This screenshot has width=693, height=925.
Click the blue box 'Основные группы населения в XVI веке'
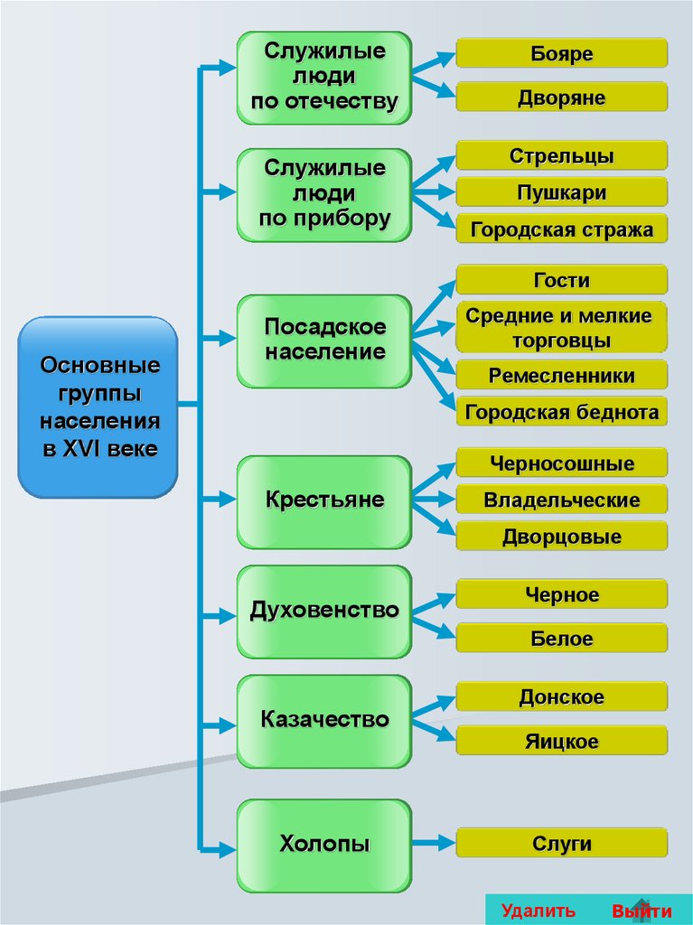(98, 406)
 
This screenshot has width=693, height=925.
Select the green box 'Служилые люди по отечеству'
(324, 78)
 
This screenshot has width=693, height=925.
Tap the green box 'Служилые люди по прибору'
(324, 194)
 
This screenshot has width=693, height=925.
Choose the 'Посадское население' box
(324, 340)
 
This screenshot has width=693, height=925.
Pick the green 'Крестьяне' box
(324, 500)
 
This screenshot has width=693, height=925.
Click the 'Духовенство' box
(324, 612)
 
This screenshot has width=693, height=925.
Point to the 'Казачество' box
(324, 721)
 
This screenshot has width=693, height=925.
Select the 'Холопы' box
(324, 845)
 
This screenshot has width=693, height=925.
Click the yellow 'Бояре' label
(561, 53)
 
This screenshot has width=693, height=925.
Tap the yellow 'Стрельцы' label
(561, 156)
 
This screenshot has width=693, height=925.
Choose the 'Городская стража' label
(561, 229)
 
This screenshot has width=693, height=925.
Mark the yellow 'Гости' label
(561, 280)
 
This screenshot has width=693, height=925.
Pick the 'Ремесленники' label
(561, 376)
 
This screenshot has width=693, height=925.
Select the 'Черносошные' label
(561, 464)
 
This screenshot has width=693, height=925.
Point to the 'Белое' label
(561, 639)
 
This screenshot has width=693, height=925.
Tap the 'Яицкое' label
(561, 742)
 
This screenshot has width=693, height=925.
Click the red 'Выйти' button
(641, 911)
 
